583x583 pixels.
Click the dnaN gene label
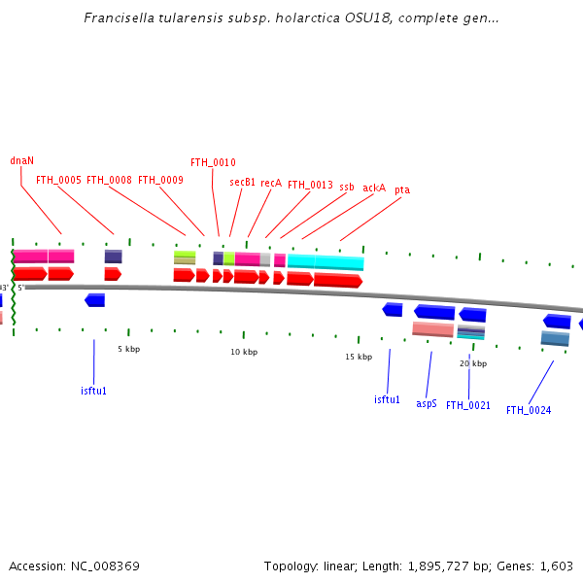point(21,160)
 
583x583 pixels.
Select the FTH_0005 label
point(58,180)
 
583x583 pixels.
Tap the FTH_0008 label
point(109,180)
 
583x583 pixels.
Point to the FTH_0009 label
point(160,180)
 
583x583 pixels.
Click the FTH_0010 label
point(213,162)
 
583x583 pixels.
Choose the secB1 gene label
point(242,182)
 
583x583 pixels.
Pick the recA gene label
point(271,183)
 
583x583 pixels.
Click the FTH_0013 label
point(310,185)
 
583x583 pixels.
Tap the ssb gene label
point(347,185)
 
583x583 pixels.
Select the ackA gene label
point(374,188)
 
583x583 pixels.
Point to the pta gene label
point(402,190)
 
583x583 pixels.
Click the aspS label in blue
point(427,403)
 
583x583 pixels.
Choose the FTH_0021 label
point(468,405)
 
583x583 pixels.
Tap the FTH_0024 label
point(529,410)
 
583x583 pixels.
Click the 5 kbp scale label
point(128,348)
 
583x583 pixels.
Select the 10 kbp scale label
point(243,352)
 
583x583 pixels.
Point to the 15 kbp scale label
point(359,357)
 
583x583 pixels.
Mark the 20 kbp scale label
point(473,363)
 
